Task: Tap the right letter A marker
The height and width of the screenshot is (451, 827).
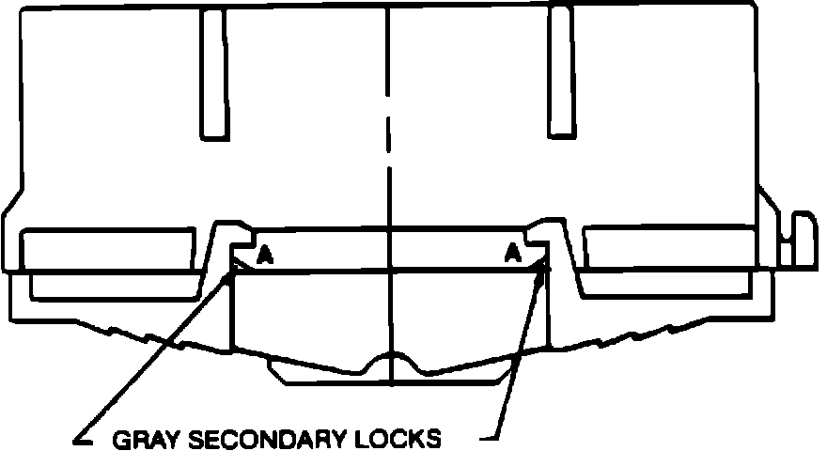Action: point(511,252)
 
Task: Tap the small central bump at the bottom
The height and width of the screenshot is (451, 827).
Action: point(389,361)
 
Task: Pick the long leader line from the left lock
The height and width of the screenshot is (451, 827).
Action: point(155,357)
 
